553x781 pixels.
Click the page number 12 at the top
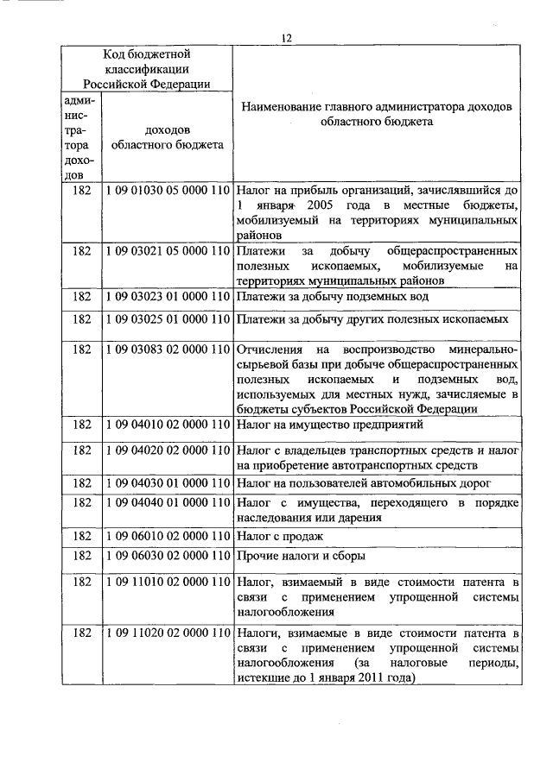coord(288,37)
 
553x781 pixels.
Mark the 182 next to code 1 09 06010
coord(82,536)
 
